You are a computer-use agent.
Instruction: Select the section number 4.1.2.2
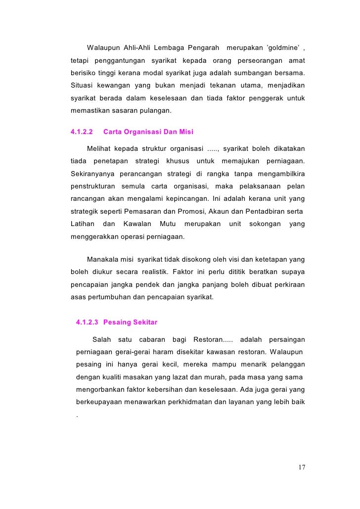click(x=81, y=132)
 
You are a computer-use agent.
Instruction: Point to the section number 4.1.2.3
click(x=88, y=323)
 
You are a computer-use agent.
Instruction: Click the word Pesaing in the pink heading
click(x=117, y=323)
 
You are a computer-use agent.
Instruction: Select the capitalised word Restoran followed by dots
click(x=210, y=340)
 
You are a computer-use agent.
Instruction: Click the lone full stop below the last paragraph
click(x=78, y=416)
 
